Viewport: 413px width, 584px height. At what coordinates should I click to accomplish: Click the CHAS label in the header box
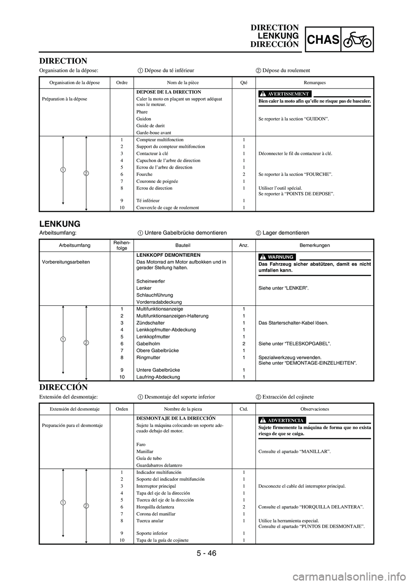click(323, 40)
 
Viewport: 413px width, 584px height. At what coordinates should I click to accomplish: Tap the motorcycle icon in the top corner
click(357, 40)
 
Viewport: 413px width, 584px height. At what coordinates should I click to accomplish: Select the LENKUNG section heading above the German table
click(60, 224)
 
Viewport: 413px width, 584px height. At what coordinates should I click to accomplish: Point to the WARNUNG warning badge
click(277, 257)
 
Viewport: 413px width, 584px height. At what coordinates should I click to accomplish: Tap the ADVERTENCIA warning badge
click(282, 420)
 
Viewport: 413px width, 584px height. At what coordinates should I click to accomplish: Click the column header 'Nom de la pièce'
click(183, 83)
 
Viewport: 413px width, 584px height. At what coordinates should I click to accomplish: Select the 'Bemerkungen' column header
click(314, 245)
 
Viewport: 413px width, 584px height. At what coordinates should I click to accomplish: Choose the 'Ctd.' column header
click(243, 409)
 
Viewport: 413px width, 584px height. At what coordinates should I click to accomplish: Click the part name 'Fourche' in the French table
click(144, 174)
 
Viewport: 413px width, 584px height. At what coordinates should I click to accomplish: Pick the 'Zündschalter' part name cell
click(150, 323)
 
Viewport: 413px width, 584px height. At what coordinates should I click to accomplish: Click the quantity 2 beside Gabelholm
click(244, 344)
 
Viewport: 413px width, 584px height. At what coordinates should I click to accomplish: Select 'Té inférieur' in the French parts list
click(148, 200)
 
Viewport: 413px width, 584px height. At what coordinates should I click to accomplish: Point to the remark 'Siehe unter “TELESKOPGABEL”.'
click(295, 344)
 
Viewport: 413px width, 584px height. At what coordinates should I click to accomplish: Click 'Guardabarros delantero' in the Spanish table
click(159, 465)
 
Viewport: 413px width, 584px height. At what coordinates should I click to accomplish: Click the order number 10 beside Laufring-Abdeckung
click(122, 377)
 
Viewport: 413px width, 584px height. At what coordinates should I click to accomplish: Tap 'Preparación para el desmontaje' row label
click(72, 425)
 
